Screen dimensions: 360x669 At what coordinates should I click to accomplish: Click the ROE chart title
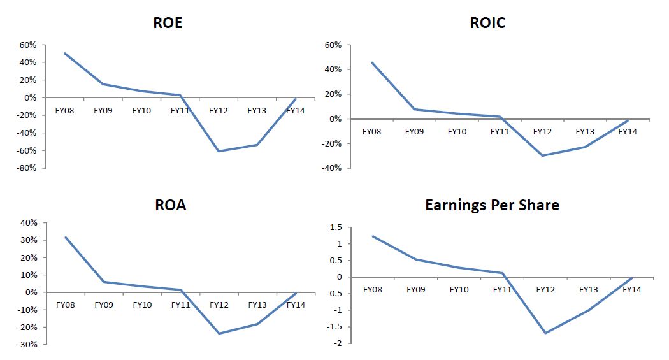pos(168,23)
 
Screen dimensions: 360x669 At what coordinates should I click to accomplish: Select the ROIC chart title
pos(487,23)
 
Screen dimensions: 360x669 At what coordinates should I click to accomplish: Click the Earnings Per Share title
pos(492,205)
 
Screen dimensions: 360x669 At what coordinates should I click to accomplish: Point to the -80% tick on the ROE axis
pos(27,168)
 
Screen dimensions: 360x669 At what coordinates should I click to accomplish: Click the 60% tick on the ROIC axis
pos(334,45)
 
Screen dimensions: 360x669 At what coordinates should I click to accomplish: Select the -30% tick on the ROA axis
pos(29,344)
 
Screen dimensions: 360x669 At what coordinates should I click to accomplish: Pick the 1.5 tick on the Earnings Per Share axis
pos(336,227)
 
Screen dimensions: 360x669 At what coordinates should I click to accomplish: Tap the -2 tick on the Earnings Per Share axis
pos(339,343)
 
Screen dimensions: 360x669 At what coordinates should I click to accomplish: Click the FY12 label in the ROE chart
pos(219,110)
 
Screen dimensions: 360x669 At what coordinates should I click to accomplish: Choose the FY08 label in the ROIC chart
pos(371,132)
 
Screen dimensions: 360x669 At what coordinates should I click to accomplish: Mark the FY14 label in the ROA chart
pos(296,305)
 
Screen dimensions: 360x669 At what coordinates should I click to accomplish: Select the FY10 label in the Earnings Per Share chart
pos(459,289)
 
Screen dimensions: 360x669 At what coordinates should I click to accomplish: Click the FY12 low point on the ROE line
pos(219,151)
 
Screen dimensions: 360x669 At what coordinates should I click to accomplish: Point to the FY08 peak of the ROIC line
pos(371,62)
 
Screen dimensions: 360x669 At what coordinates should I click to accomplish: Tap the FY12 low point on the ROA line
pos(219,333)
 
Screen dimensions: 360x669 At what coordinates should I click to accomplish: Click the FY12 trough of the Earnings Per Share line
pos(545,333)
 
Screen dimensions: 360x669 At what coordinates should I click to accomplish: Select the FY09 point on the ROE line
pos(103,84)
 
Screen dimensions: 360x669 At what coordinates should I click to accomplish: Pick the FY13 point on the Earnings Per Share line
pos(588,310)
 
